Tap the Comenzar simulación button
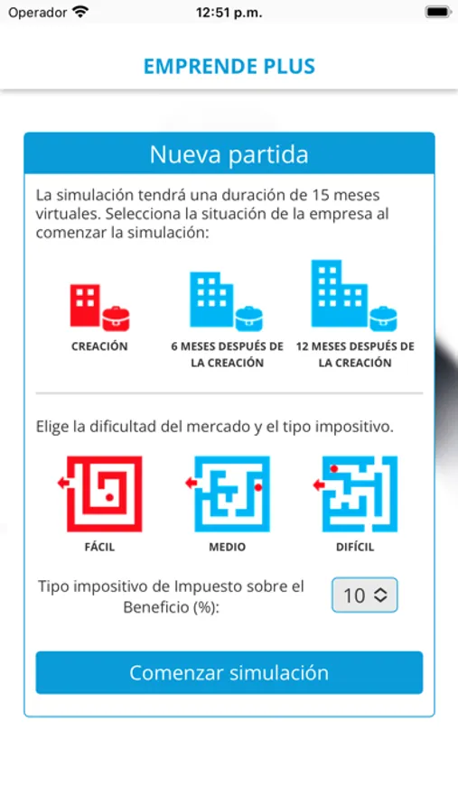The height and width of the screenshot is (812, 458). (229, 673)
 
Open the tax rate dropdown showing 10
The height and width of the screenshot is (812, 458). (364, 595)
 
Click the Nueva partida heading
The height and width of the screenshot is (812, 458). (229, 154)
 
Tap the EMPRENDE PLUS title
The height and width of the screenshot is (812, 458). (229, 67)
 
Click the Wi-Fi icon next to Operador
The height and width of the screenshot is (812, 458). (80, 13)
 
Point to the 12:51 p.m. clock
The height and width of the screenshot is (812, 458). (229, 13)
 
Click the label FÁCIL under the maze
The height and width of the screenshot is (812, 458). (99, 547)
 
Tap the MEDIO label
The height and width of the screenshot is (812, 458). (227, 547)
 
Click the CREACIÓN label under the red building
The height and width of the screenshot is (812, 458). (99, 346)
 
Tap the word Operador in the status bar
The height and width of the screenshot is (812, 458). (37, 13)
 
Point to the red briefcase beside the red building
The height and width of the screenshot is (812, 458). (115, 318)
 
